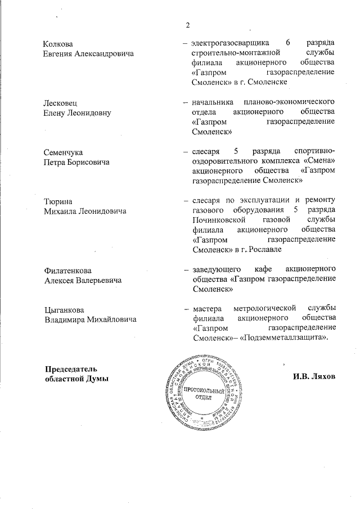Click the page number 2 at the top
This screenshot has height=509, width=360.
tap(188, 25)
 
